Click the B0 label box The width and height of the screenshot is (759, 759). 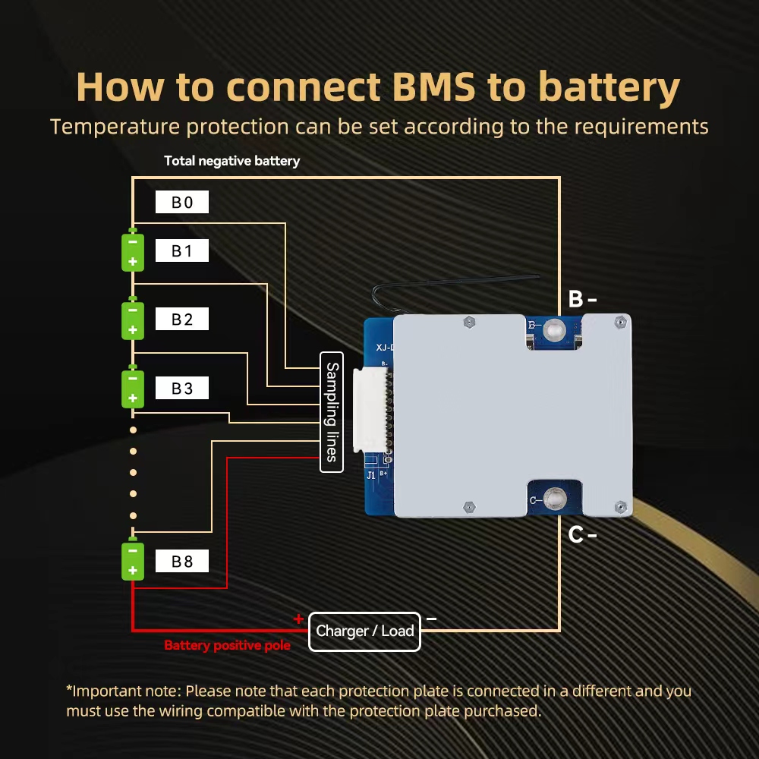[x=182, y=202]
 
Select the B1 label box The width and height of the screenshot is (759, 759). [x=182, y=250]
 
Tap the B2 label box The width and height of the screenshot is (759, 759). [x=182, y=319]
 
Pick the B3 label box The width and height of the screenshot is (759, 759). [x=182, y=388]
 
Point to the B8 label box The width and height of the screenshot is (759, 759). [x=182, y=561]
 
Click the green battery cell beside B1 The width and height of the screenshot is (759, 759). [x=133, y=250]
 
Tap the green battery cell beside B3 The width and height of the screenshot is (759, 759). [x=133, y=387]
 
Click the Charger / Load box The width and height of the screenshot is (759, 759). [x=364, y=631]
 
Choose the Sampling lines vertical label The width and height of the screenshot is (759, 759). [x=332, y=412]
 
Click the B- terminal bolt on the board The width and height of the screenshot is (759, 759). [x=554, y=331]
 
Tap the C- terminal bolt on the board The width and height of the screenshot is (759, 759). [x=555, y=499]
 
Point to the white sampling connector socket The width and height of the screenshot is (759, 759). [x=371, y=411]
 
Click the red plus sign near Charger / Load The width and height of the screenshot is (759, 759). [x=298, y=619]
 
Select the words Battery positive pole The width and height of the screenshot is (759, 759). [x=227, y=645]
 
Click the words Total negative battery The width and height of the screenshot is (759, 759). [x=231, y=161]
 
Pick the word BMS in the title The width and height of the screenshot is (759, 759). [x=433, y=87]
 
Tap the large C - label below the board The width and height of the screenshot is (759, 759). [x=582, y=534]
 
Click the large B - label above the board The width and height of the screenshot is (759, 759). [x=582, y=299]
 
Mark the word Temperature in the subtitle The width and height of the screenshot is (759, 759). [x=115, y=127]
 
